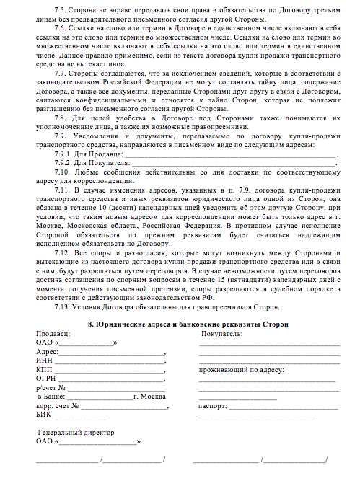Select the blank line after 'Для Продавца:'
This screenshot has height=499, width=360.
click(231, 154)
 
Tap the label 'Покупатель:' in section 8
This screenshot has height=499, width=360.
click(222, 334)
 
